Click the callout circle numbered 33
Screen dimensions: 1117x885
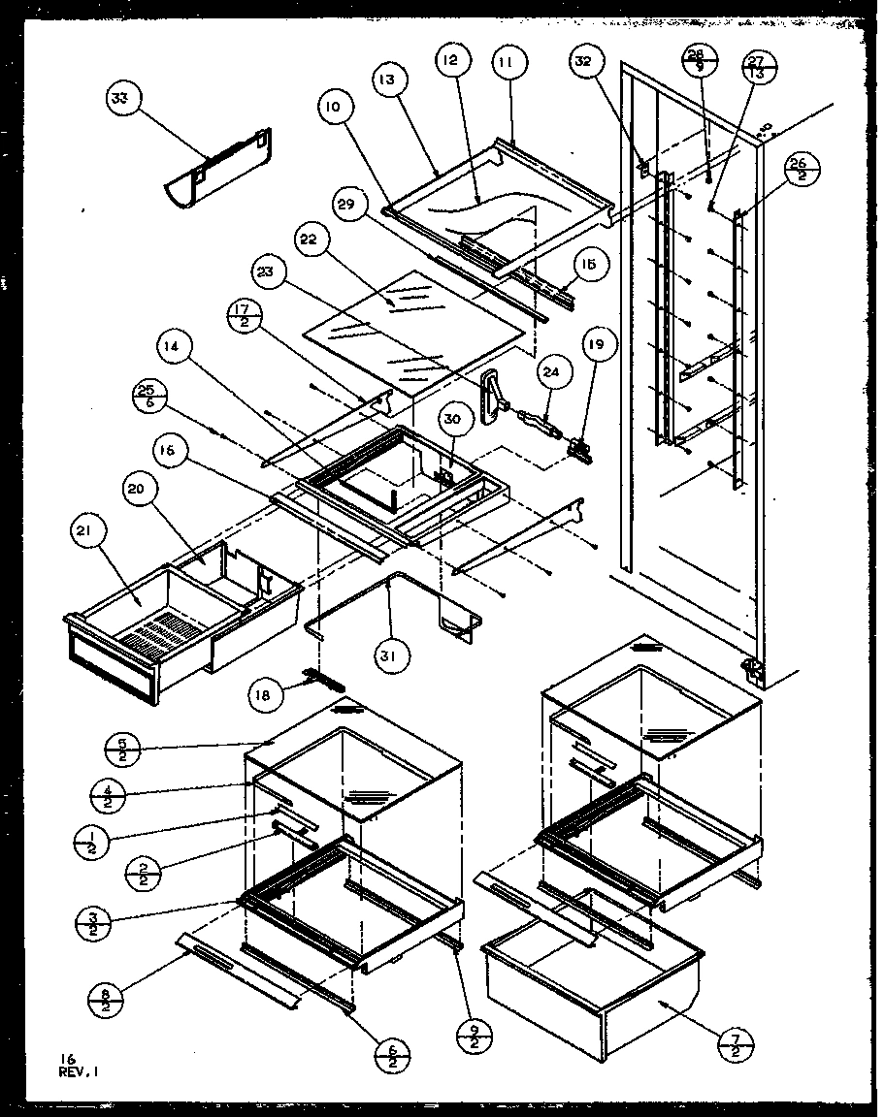tap(123, 98)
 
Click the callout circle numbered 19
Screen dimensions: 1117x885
tap(599, 345)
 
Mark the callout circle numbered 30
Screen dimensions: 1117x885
tap(452, 419)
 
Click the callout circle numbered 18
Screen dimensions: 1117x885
tap(267, 693)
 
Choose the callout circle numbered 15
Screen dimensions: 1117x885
tap(589, 264)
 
